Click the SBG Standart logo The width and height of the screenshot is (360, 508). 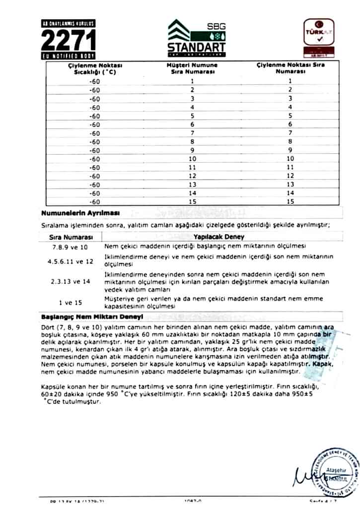[196, 37]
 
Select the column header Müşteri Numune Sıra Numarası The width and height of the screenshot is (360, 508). [191, 68]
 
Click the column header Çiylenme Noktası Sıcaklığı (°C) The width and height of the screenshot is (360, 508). [95, 68]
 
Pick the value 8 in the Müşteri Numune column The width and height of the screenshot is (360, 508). [191, 141]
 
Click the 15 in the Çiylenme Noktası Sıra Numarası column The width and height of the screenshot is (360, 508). [290, 202]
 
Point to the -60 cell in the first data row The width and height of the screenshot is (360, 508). [95, 81]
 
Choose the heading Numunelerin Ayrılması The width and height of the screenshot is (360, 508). [80, 213]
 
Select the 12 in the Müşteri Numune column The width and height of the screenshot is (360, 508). [191, 176]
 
